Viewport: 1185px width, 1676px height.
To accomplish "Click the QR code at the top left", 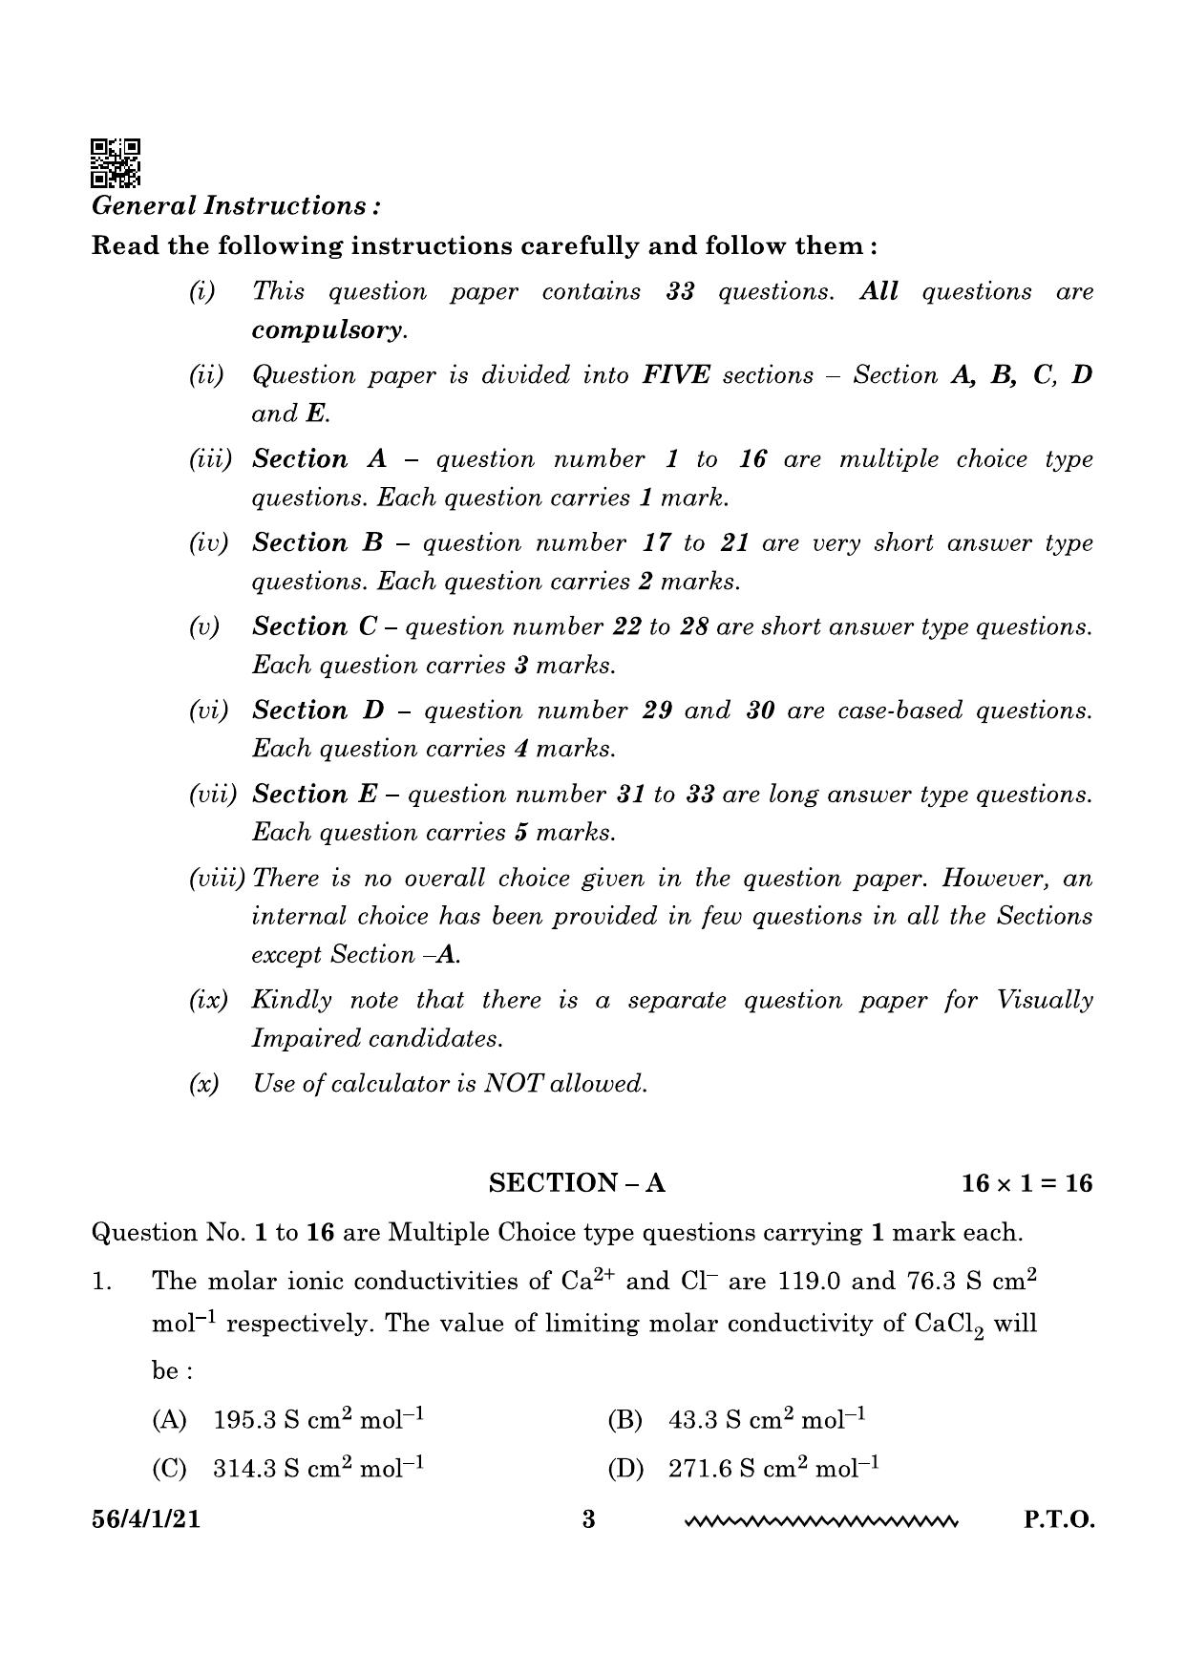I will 116,163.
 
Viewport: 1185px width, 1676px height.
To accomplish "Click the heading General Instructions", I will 236,206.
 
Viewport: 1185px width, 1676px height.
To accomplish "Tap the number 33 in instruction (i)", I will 680,292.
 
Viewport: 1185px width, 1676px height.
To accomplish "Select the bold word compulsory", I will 328,330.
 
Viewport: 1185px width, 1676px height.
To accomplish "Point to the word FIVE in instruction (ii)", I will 676,375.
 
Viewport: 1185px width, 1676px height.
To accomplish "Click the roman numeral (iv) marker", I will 208,543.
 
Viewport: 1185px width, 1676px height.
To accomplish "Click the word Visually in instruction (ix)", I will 1045,1001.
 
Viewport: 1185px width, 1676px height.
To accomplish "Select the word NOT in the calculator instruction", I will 514,1084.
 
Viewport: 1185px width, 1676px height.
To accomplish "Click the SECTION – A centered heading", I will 577,1184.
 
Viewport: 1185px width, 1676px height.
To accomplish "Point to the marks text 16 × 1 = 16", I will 1026,1184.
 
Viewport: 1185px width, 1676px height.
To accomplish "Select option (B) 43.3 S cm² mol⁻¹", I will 736,1420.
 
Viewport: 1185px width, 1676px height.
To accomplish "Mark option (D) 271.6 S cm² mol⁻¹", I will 743,1468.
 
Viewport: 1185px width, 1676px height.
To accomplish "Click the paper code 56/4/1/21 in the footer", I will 146,1519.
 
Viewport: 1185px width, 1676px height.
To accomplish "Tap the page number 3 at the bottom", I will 588,1519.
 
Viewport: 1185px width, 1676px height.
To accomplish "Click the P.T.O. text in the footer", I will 1059,1519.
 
